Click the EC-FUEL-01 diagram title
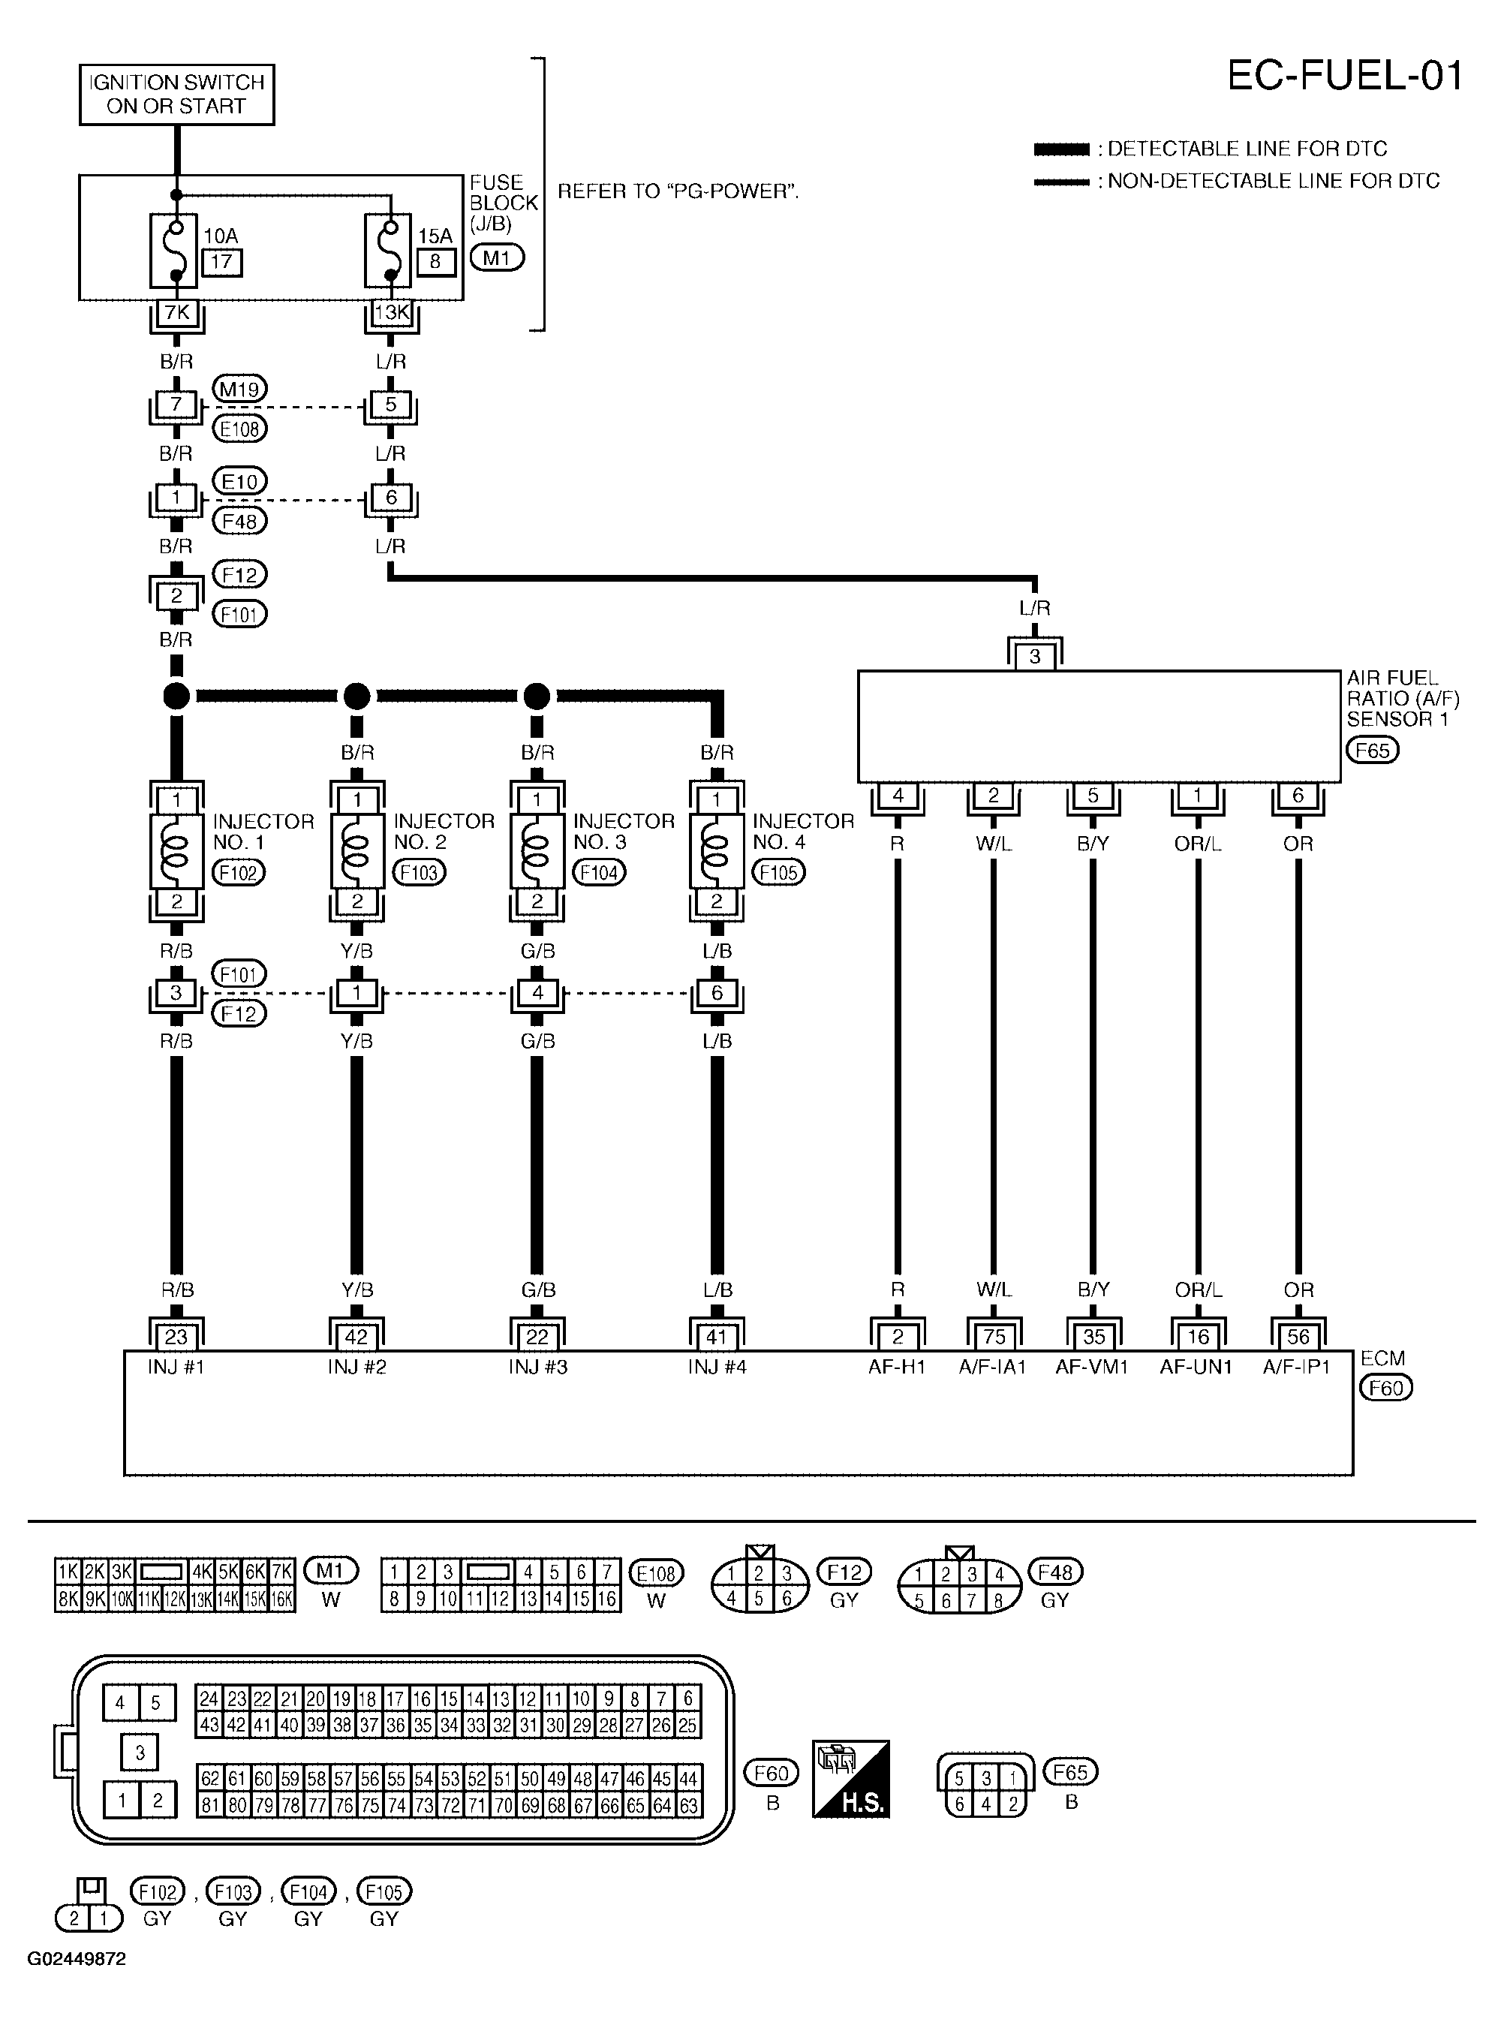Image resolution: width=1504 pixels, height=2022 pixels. [x=1345, y=76]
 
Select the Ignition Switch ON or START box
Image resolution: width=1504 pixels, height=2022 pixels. [x=176, y=94]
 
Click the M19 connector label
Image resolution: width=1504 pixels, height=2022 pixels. [x=239, y=390]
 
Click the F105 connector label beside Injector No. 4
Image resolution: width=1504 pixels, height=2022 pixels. [x=778, y=873]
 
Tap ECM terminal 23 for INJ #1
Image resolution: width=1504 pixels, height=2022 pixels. [x=176, y=1337]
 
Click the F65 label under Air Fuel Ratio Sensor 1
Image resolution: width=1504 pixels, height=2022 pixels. [x=1372, y=750]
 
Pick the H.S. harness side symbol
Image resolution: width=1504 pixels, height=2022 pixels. [x=850, y=1780]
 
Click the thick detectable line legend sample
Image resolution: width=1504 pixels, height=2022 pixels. [x=1061, y=149]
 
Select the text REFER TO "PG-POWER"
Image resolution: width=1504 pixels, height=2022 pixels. [x=678, y=191]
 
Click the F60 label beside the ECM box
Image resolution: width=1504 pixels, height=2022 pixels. [x=1385, y=1388]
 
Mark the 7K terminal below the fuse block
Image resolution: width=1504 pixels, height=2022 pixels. [x=176, y=313]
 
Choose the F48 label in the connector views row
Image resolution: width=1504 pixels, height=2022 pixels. [x=1055, y=1572]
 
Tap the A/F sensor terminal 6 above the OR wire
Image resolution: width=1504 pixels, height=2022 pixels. [x=1298, y=796]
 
